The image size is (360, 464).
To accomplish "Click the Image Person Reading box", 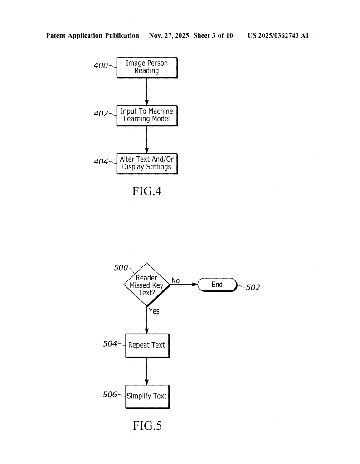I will [x=146, y=67].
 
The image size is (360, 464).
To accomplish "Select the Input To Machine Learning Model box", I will [x=146, y=115].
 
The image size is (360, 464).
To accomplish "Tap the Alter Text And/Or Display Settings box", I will [x=146, y=163].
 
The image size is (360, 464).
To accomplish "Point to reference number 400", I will [x=101, y=66].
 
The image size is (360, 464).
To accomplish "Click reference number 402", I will [x=101, y=114].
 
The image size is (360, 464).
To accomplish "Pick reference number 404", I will [x=101, y=162].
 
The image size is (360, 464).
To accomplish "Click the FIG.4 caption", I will [x=146, y=191].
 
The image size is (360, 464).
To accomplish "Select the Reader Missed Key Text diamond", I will [x=146, y=285].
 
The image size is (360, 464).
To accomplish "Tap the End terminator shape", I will [x=217, y=285].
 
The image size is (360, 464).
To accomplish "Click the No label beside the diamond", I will [x=175, y=281].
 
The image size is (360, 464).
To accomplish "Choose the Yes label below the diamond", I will [x=154, y=311].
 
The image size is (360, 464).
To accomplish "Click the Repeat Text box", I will [x=146, y=345].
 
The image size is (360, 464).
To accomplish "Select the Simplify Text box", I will [x=146, y=396].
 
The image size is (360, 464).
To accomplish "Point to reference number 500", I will [x=121, y=268].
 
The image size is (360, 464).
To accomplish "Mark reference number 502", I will [x=253, y=288].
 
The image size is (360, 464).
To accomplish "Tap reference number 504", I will [x=110, y=343].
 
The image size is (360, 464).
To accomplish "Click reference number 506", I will [x=110, y=395].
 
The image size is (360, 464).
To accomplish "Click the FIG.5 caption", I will [x=146, y=425].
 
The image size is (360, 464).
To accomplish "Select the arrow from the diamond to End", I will [x=184, y=285].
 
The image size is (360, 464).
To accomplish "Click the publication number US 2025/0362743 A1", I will [x=278, y=35].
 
